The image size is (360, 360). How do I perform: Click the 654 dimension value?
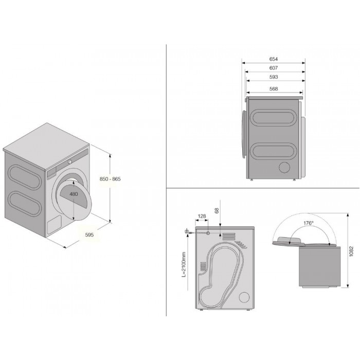coord(274,59)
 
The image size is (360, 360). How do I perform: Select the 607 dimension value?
coord(274,68)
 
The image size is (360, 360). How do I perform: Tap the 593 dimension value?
coord(274,77)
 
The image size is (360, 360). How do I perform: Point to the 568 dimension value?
coord(274,88)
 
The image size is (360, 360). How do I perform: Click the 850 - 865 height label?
coord(110,179)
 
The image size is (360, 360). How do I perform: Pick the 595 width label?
coord(89,235)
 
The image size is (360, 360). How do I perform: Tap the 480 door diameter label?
coord(74,194)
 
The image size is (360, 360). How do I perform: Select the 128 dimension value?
coord(202,216)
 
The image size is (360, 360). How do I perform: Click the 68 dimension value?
coord(217,210)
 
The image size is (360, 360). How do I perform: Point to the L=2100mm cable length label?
coord(184,264)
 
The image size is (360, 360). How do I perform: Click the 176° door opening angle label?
coord(309,223)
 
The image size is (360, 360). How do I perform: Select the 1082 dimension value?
coord(351,251)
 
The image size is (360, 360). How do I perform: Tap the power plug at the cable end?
coord(187,231)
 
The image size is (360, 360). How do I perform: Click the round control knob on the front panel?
coord(70,161)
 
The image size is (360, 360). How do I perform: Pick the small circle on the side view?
coord(285,167)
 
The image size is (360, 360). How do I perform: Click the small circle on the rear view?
coord(244,297)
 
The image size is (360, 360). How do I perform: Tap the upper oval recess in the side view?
coord(273,118)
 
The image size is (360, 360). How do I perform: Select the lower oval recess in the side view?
coord(273,151)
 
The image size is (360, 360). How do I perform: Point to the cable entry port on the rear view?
coord(208,233)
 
